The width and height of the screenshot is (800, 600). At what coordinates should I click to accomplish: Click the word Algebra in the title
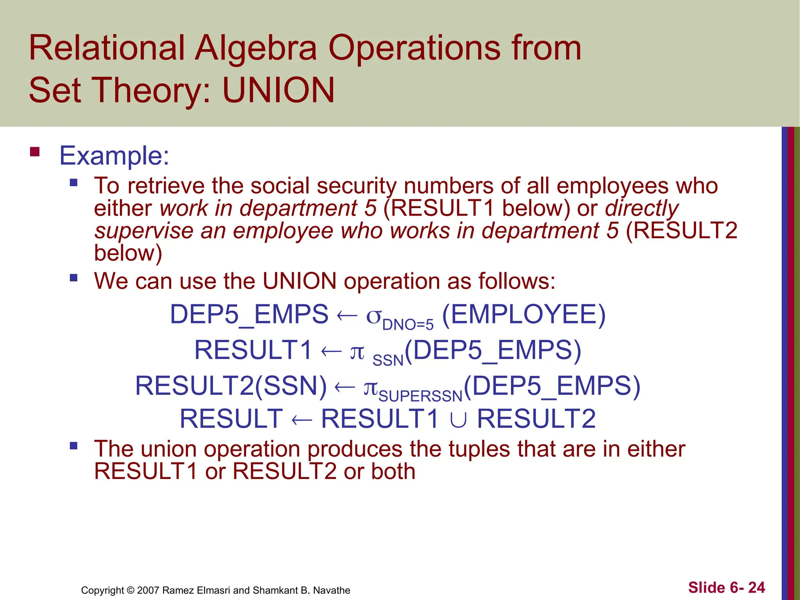coord(256,48)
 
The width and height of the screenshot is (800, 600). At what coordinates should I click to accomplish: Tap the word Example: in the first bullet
coord(114,155)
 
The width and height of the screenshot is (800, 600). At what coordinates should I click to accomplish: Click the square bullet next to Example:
coord(35,152)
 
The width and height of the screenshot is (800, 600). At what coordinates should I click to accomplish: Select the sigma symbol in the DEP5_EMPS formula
coord(373,316)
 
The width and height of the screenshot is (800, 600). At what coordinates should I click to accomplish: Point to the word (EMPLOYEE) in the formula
coord(524,314)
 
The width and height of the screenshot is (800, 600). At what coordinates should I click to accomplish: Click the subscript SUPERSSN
coord(420,396)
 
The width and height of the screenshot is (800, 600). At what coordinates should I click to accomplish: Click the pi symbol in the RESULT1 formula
coord(357,352)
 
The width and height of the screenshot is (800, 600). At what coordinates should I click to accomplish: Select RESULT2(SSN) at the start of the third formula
coord(231,386)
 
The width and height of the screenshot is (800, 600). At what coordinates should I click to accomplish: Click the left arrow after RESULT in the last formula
coord(302,420)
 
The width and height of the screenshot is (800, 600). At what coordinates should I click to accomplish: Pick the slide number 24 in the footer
coord(756,587)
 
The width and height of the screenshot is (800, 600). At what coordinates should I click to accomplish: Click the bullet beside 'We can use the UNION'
coord(73,278)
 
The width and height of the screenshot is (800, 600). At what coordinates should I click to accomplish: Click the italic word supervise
coord(144,230)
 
